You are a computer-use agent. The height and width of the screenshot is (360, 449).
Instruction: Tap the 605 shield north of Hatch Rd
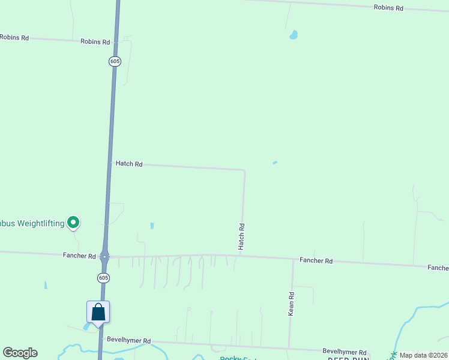pyautogui.click(x=115, y=61)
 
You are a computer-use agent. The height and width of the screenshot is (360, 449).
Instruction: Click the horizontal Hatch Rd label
pyautogui.click(x=128, y=164)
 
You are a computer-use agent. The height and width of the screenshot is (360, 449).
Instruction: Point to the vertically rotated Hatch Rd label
pyautogui.click(x=241, y=236)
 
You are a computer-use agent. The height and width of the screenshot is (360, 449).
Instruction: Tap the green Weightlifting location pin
pyautogui.click(x=73, y=223)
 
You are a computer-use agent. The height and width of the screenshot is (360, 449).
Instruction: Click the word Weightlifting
pyautogui.click(x=40, y=224)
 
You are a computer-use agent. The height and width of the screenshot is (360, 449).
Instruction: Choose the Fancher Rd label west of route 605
pyautogui.click(x=79, y=256)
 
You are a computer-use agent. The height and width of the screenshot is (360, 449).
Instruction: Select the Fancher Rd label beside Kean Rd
pyautogui.click(x=316, y=261)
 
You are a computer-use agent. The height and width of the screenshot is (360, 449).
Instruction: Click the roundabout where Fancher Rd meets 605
pyautogui.click(x=104, y=257)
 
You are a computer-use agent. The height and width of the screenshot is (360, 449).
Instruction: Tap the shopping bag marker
pyautogui.click(x=98, y=312)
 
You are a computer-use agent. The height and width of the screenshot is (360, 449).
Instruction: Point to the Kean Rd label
pyautogui.click(x=291, y=304)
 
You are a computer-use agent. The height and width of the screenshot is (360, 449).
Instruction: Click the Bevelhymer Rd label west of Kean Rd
pyautogui.click(x=128, y=340)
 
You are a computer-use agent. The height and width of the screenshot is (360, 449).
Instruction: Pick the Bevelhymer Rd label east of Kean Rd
pyautogui.click(x=344, y=352)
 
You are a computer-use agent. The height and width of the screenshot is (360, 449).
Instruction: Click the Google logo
pyautogui.click(x=20, y=353)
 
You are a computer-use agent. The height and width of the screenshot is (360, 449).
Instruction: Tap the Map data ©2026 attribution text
pyautogui.click(x=423, y=355)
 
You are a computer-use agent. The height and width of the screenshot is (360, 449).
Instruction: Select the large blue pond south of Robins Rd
pyautogui.click(x=294, y=35)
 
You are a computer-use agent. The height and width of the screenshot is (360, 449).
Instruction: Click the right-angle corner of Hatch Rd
pyautogui.click(x=244, y=170)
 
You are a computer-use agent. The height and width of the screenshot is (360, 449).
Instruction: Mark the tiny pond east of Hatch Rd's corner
pyautogui.click(x=275, y=162)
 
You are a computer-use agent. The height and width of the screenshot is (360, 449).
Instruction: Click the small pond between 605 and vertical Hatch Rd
pyautogui.click(x=152, y=226)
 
